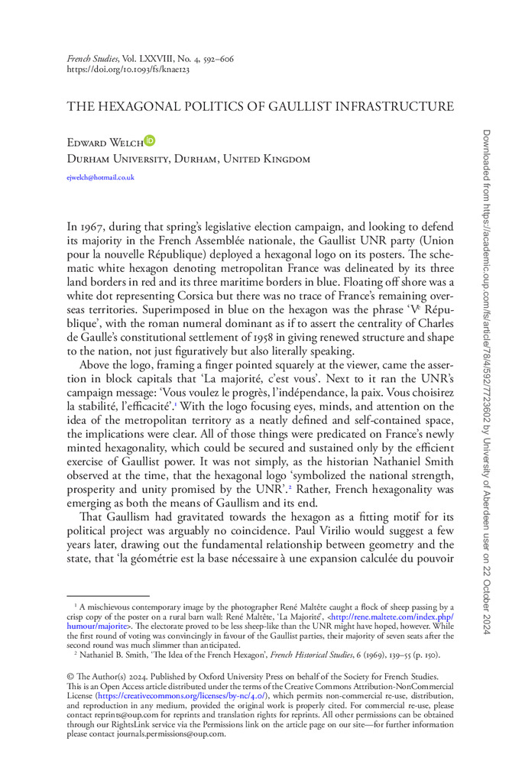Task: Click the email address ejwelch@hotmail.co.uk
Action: [101, 177]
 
